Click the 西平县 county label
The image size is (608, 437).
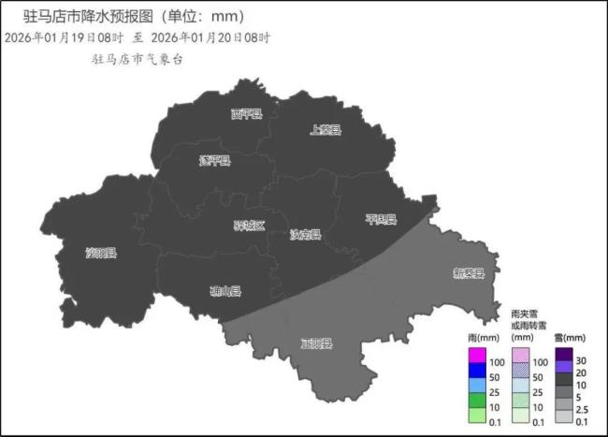(247, 114)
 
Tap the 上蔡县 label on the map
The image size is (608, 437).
(326, 131)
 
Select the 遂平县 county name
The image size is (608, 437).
(214, 160)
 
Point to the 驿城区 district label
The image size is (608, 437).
(249, 226)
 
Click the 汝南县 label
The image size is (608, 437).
(305, 234)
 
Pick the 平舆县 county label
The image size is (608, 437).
(381, 220)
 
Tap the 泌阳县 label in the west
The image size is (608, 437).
(100, 253)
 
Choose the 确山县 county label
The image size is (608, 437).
(225, 291)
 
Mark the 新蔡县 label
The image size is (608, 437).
(469, 273)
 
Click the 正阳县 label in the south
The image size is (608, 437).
(316, 343)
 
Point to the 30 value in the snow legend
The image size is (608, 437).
(581, 361)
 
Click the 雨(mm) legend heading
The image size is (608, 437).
(480, 337)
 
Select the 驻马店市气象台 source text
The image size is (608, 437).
(137, 59)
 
